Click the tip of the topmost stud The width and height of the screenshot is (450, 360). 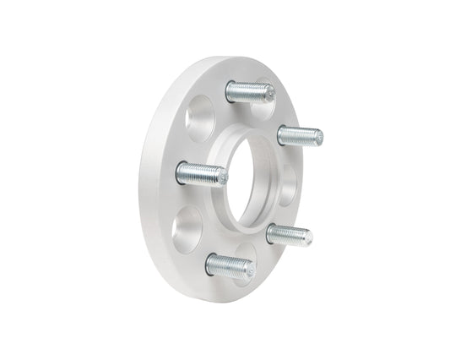(x=270, y=92)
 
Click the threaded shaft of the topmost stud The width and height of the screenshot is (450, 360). (x=251, y=90)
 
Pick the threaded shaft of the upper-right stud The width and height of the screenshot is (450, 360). (x=301, y=134)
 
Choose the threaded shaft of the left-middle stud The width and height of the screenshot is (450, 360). (x=203, y=173)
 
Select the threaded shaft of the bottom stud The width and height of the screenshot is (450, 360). (x=230, y=265)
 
